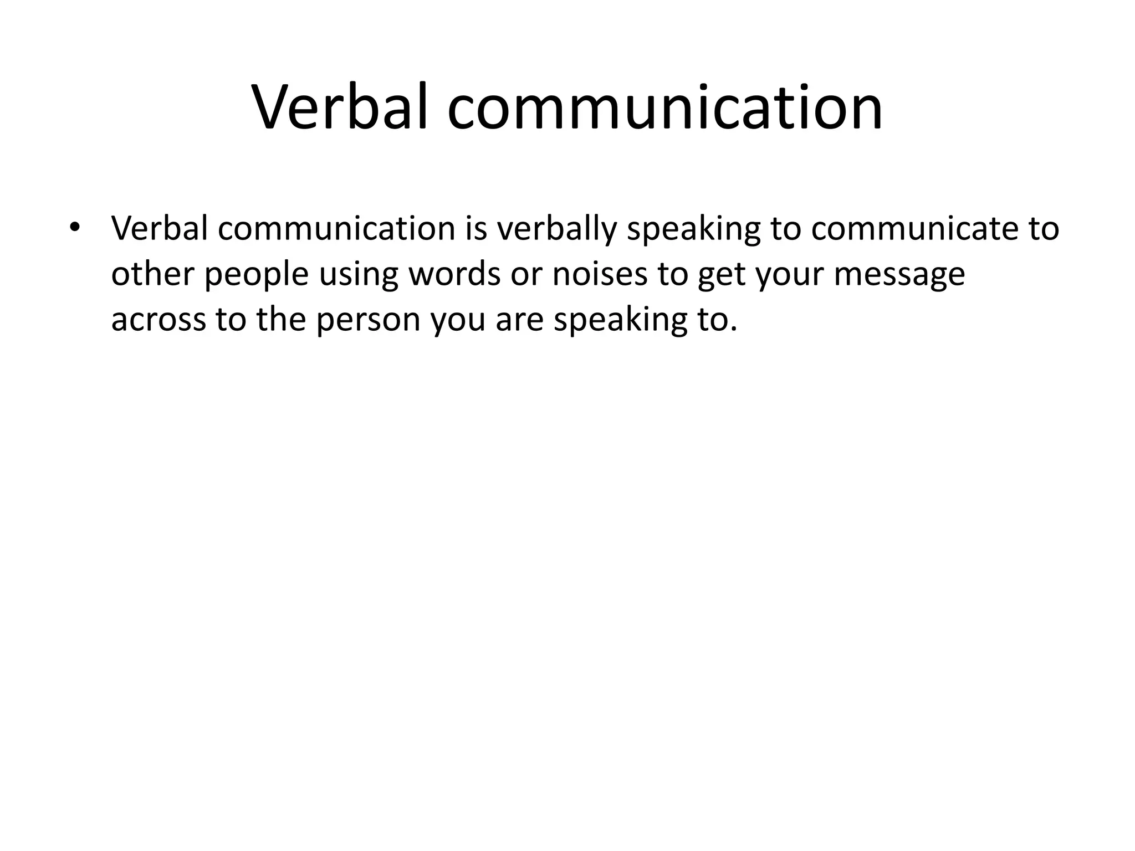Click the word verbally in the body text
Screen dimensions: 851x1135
[x=556, y=228]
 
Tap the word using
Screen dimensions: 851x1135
[x=359, y=275]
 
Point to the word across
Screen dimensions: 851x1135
[x=159, y=320]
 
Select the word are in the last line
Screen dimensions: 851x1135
[x=519, y=321]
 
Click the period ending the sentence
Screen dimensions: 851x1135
[x=734, y=329]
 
